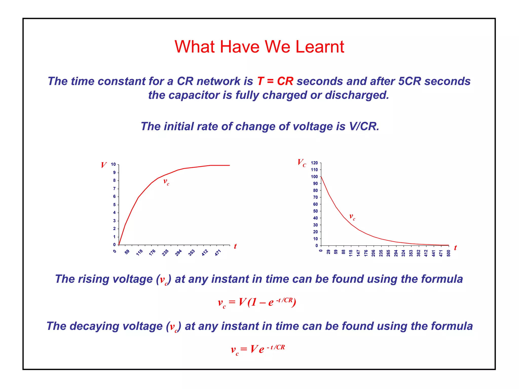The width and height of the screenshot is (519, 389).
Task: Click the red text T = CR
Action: coord(275,81)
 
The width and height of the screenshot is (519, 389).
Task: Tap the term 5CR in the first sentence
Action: coord(409,81)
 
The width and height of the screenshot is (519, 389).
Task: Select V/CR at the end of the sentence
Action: coord(364,126)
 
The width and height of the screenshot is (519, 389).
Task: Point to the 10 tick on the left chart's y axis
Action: coord(113,165)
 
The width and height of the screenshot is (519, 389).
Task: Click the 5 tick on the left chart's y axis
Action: coord(114,205)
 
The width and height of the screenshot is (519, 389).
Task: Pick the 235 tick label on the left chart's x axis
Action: coord(165,253)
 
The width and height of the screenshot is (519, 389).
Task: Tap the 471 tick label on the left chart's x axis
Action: coord(218,253)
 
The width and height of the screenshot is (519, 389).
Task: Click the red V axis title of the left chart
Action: coord(103,165)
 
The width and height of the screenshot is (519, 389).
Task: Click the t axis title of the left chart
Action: coord(235,246)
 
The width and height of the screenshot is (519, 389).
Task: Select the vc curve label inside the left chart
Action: coord(166,182)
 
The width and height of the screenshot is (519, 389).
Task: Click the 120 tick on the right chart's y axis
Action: coord(314,163)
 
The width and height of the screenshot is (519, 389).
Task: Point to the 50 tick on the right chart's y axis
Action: coord(315,211)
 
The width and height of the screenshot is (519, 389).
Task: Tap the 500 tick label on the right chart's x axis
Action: coord(449,253)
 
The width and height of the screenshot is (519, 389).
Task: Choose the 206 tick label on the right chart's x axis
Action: coord(373,253)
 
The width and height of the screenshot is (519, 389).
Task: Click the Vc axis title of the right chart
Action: coord(302,163)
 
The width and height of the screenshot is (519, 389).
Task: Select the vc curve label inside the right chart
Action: coord(352,217)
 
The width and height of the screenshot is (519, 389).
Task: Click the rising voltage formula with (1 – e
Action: coord(257,302)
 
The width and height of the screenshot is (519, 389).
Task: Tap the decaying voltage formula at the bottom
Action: coord(257,349)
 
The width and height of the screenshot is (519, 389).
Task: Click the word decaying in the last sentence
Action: coord(94,326)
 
